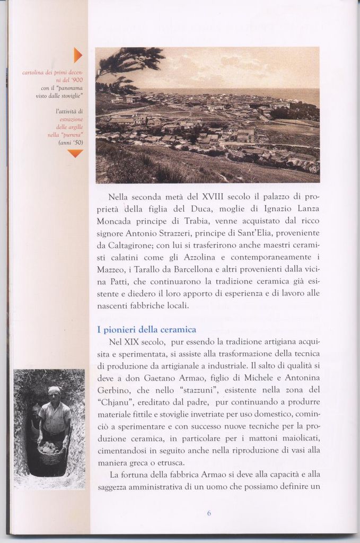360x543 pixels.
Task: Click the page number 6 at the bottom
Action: pyautogui.click(x=209, y=513)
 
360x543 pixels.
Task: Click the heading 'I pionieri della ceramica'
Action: pyautogui.click(x=146, y=329)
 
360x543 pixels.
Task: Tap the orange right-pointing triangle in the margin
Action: pyautogui.click(x=77, y=55)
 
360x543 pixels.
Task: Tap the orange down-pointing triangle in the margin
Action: pyautogui.click(x=75, y=153)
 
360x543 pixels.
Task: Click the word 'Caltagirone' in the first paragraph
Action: pyautogui.click(x=125, y=245)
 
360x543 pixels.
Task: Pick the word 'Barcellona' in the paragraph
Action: pyautogui.click(x=191, y=269)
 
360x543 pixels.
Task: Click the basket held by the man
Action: pyautogui.click(x=51, y=454)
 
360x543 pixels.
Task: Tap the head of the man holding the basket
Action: pyautogui.click(x=54, y=393)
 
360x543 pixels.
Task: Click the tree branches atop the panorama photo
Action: pyautogui.click(x=130, y=59)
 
